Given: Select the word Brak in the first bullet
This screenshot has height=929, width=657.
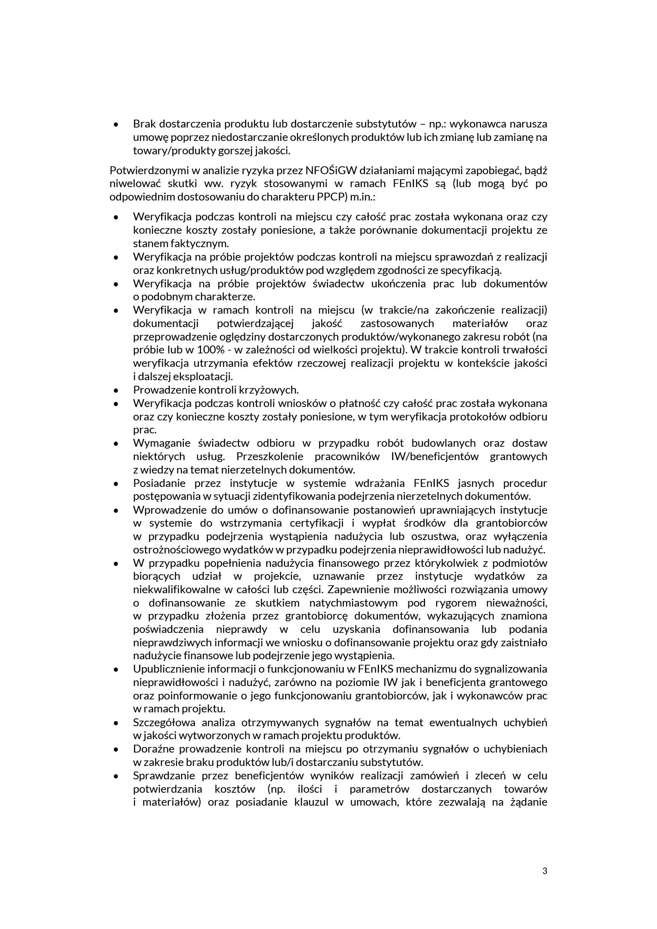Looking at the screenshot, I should [145, 124].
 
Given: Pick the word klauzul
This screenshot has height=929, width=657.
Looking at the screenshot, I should [311, 802].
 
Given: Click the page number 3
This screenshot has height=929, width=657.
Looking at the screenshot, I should [545, 872].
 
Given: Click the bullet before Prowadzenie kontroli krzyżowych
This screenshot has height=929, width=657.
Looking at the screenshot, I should [116, 390].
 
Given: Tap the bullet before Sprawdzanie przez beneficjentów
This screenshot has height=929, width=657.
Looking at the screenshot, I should [116, 776].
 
